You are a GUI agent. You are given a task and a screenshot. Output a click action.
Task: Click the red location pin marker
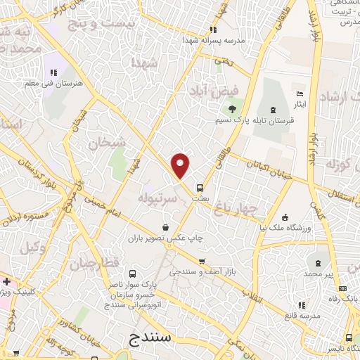181,165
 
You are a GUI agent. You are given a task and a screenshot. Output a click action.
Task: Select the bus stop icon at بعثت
200,188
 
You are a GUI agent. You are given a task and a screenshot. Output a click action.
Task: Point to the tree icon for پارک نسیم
230,108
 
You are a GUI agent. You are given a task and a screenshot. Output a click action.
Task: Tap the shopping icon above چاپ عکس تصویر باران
165,227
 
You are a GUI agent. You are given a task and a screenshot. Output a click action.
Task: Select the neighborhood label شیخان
105,143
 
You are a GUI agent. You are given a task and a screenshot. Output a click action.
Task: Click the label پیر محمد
319,273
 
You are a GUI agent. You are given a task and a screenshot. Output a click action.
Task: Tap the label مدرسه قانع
302,316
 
